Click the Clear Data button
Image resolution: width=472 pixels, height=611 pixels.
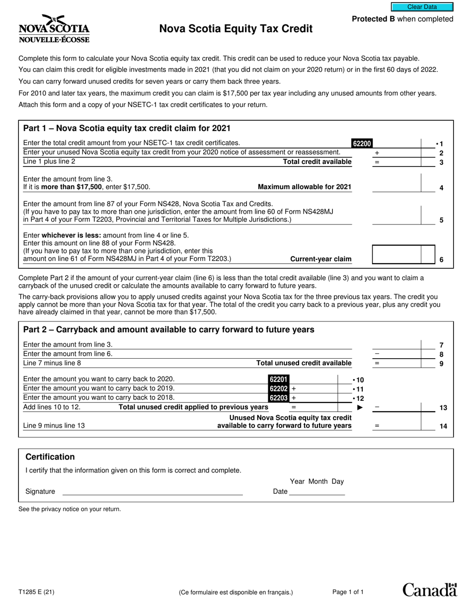pyautogui.click(x=422, y=7)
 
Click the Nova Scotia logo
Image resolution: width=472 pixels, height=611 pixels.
pyautogui.click(x=54, y=29)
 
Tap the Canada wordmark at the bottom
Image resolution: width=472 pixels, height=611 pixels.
pyautogui.click(x=429, y=590)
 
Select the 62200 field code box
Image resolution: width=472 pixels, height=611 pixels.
pyautogui.click(x=362, y=144)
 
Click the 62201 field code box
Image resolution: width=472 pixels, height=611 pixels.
pyautogui.click(x=278, y=380)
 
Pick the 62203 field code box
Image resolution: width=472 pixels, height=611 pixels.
pyautogui.click(x=278, y=398)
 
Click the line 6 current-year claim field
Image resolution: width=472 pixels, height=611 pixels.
pyautogui.click(x=396, y=254)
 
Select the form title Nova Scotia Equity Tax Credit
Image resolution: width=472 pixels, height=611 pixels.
pyautogui.click(x=236, y=29)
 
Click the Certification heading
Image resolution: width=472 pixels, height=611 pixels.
pyautogui.click(x=50, y=457)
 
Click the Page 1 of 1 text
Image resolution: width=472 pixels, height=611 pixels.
pyautogui.click(x=348, y=592)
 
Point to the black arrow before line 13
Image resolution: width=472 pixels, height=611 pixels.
pyautogui.click(x=360, y=408)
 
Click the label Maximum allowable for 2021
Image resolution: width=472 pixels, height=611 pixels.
pyautogui.click(x=304, y=187)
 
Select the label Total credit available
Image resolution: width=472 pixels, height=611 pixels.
pyautogui.click(x=317, y=162)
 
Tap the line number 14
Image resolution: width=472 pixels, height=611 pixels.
pyautogui.click(x=443, y=426)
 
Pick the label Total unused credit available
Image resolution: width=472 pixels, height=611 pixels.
pyautogui.click(x=304, y=363)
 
